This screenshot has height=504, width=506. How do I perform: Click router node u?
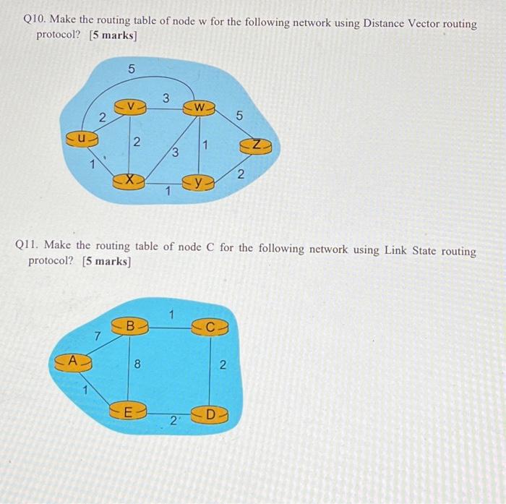pos(82,135)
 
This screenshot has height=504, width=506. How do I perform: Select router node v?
pos(130,107)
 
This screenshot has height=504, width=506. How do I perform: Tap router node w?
pos(199,108)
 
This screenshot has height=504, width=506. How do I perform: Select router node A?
pos(72,359)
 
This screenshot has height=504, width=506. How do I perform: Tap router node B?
pos(131,327)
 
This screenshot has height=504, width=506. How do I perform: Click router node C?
pos(210,327)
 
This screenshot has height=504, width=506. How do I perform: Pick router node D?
pos(210,415)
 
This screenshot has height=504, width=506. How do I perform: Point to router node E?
pos(128,414)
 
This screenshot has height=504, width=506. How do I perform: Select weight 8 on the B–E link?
pos(138,365)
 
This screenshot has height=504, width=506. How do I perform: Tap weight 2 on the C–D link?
pos(223,366)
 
